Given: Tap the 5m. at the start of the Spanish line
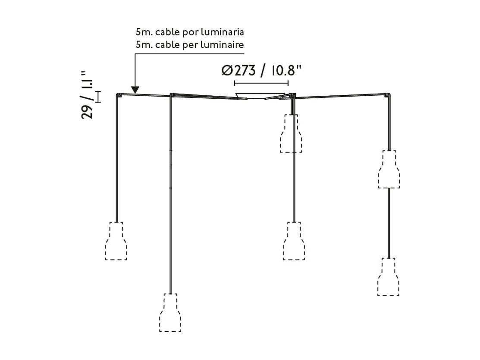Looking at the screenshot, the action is [144, 32].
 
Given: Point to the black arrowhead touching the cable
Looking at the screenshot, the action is [135, 90].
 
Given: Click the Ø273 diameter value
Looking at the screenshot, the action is [238, 71].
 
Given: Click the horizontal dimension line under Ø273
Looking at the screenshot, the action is [261, 83].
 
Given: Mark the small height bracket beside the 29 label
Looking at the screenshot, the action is [98, 97].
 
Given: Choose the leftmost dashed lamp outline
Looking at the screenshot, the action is [116, 241].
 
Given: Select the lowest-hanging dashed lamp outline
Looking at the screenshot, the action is [170, 313].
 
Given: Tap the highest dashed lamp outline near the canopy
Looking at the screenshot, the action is [291, 134].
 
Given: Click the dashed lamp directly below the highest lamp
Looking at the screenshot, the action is [294, 241].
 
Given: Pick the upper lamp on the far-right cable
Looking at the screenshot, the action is [389, 169].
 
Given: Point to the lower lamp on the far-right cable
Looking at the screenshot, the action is [388, 277].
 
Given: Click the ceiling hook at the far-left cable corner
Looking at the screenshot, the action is [119, 95].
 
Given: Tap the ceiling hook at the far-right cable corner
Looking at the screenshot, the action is [388, 94].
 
